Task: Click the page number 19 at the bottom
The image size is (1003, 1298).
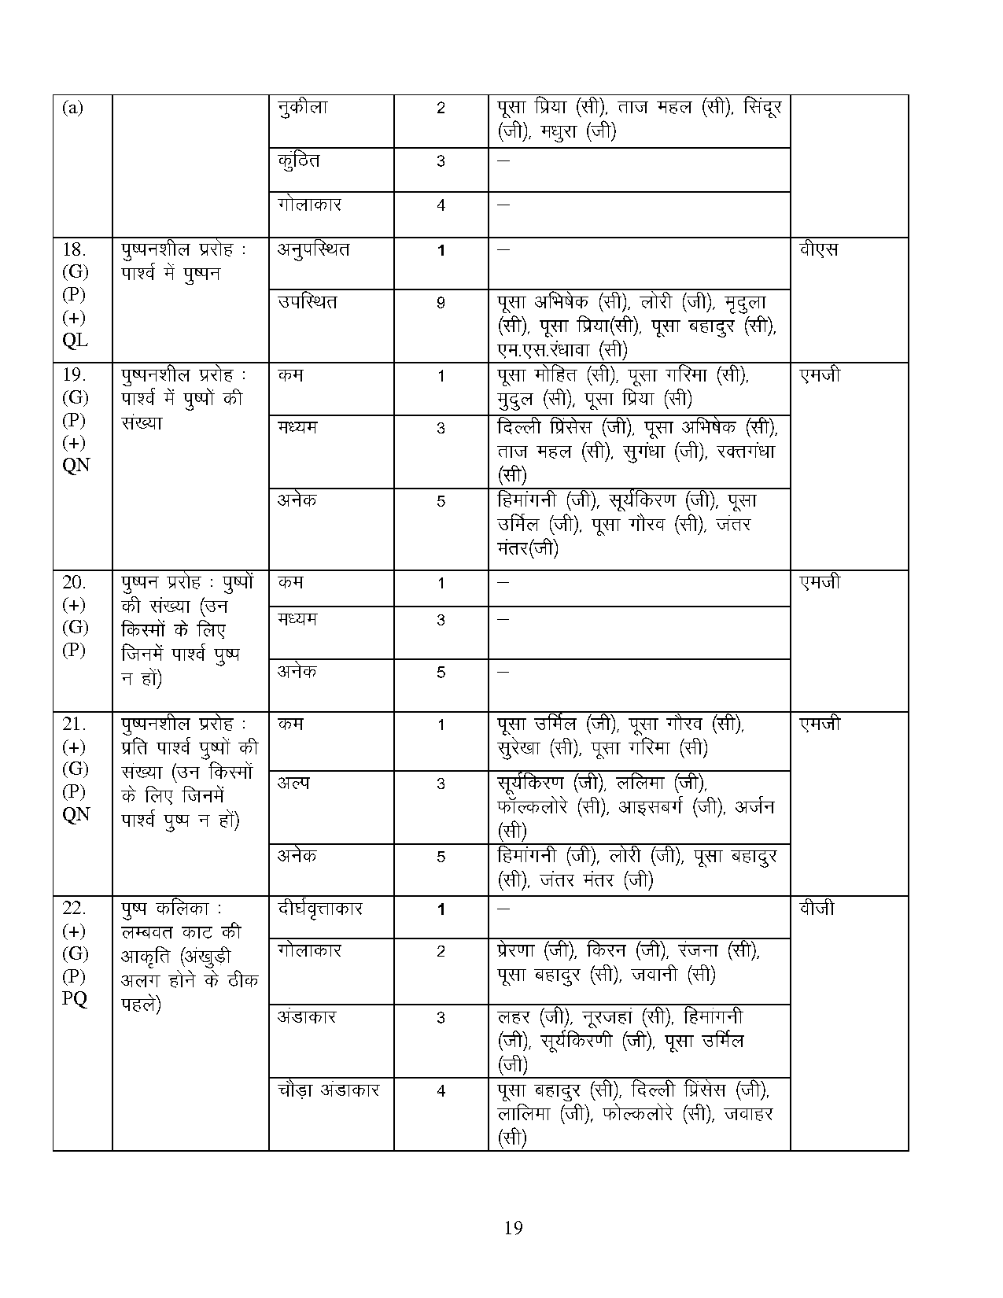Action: (x=513, y=1227)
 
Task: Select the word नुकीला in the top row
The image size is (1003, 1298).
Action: (x=303, y=108)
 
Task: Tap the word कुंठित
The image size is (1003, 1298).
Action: (x=299, y=160)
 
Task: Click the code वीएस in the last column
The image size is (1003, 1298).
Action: (x=819, y=250)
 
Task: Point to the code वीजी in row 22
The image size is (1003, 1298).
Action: (x=817, y=909)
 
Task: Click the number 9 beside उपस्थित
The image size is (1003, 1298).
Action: (x=441, y=302)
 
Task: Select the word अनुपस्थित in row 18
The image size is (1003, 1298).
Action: (x=314, y=250)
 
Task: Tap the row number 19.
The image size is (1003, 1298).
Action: (x=74, y=374)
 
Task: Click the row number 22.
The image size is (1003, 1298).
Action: (x=74, y=909)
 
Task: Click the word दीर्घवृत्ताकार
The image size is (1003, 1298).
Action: (x=320, y=909)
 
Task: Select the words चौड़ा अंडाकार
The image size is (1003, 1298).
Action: (x=329, y=1090)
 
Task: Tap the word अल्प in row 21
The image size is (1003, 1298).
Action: (x=293, y=783)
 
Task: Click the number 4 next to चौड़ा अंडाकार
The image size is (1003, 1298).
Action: (x=441, y=1091)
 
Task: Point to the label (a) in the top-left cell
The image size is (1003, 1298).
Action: (x=72, y=108)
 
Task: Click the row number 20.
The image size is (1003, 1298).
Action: (x=74, y=582)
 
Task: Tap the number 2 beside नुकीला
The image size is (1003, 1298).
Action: (x=441, y=108)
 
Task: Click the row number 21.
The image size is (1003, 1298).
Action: (x=74, y=724)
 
